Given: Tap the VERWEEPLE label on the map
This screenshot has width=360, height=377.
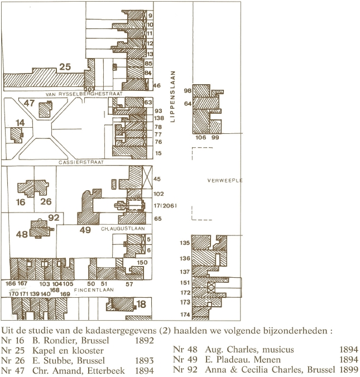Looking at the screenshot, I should (x=224, y=181).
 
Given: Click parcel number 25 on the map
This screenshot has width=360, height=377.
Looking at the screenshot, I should (x=65, y=67).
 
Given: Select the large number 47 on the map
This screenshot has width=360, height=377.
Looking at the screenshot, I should (x=29, y=103).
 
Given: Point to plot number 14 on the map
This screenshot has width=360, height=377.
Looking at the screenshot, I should (x=20, y=122).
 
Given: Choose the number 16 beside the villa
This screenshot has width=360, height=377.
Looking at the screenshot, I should (x=21, y=202).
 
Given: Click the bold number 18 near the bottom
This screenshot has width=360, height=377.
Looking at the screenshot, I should (x=141, y=304).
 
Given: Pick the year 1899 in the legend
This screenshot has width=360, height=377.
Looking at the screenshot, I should (x=348, y=369).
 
